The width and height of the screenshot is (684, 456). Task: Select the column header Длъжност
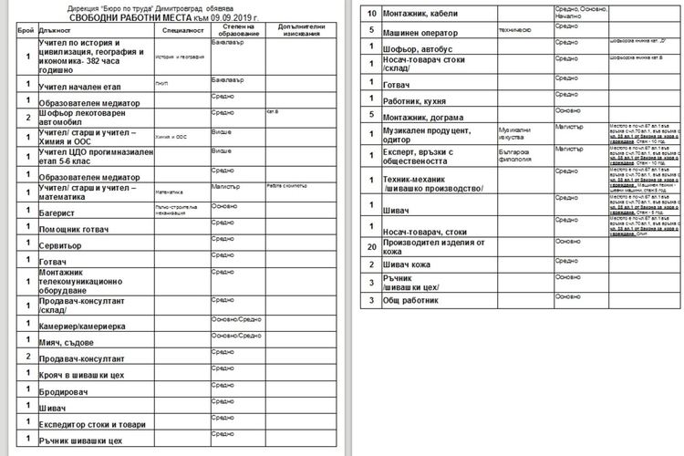tap(56, 30)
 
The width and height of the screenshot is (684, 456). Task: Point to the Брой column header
tap(26, 30)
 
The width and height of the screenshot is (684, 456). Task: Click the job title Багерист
tap(57, 212)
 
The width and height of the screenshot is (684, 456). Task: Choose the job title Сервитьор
tap(61, 246)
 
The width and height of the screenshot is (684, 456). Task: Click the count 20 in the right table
tap(371, 247)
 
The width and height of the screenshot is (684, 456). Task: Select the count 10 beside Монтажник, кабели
tap(371, 13)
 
